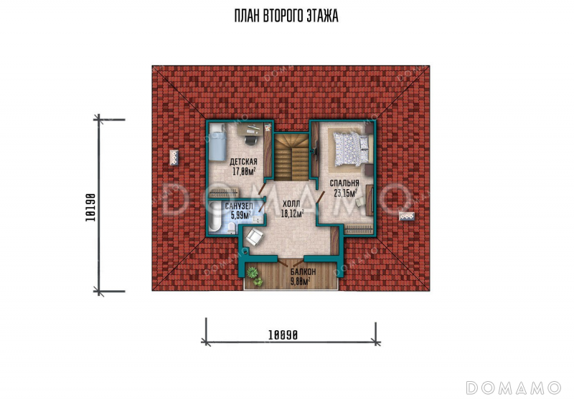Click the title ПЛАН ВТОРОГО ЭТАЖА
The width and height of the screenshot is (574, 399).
pyautogui.click(x=286, y=16)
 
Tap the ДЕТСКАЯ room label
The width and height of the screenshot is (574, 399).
pyautogui.click(x=243, y=162)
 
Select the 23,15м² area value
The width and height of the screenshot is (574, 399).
pyautogui.click(x=346, y=193)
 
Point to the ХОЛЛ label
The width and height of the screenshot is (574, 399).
pyautogui.click(x=291, y=204)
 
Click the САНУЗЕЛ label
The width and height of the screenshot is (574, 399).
pyautogui.click(x=239, y=207)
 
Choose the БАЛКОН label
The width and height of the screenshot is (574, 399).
pyautogui.click(x=303, y=272)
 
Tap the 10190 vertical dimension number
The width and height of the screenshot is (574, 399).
pyautogui.click(x=90, y=207)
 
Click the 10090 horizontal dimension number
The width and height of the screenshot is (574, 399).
pyautogui.click(x=283, y=335)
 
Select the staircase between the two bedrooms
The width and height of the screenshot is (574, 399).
pyautogui.click(x=291, y=157)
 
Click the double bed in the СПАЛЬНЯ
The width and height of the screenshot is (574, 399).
pyautogui.click(x=351, y=149)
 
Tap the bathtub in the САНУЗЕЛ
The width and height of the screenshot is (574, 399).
pyautogui.click(x=214, y=218)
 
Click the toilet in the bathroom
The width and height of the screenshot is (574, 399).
pyautogui.click(x=231, y=228)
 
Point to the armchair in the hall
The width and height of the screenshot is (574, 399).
pyautogui.click(x=254, y=237)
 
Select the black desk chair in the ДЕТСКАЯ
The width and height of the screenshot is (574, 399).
pyautogui.click(x=250, y=140)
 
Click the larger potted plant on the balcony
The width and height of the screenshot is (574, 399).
pyautogui.click(x=253, y=272)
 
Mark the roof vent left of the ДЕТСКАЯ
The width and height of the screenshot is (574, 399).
pyautogui.click(x=174, y=158)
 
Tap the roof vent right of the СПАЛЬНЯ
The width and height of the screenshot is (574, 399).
pyautogui.click(x=407, y=216)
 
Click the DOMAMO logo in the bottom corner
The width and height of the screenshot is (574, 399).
pyautogui.click(x=513, y=388)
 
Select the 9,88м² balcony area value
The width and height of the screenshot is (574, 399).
pyautogui.click(x=300, y=281)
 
